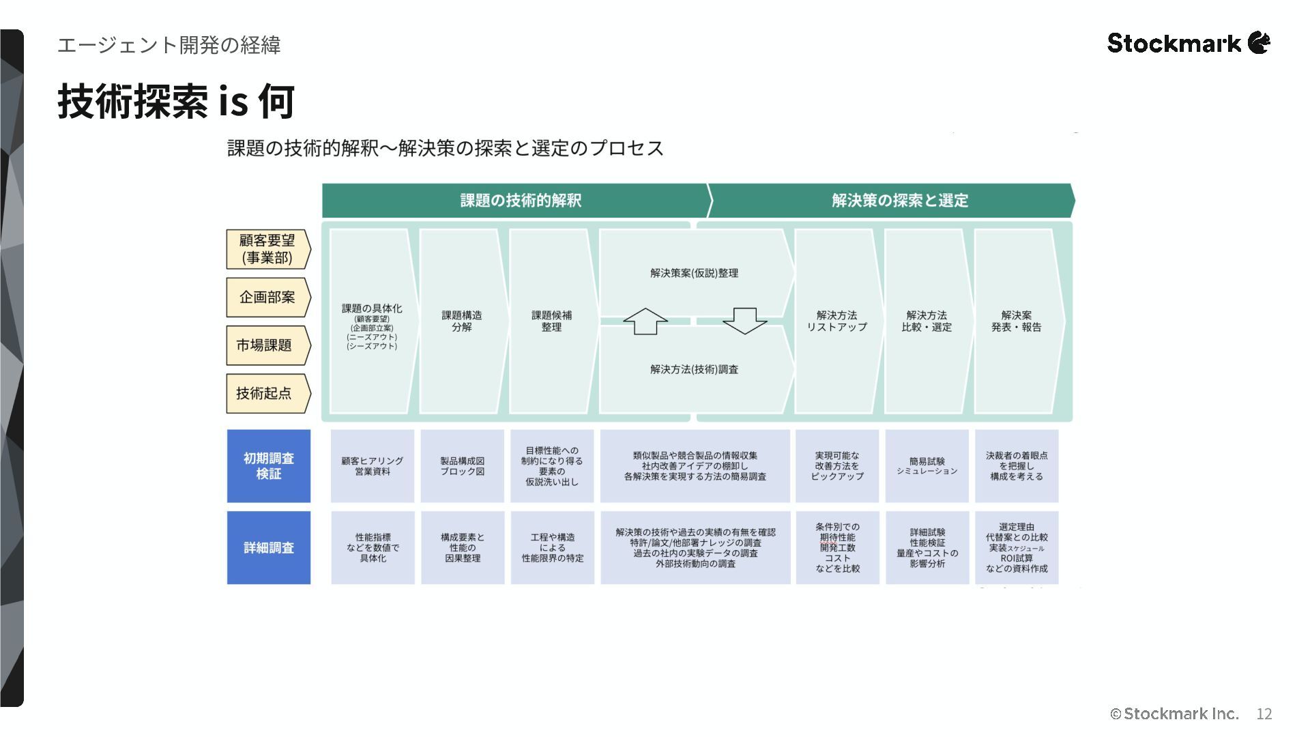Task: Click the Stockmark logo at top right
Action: click(1188, 43)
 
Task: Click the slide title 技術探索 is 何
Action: click(176, 101)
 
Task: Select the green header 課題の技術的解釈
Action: click(520, 200)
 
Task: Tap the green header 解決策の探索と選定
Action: click(899, 200)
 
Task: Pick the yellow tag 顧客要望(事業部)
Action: click(267, 249)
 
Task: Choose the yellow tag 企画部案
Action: click(267, 297)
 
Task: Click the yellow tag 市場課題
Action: click(265, 345)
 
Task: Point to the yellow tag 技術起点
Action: click(265, 393)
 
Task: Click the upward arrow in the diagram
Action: click(645, 321)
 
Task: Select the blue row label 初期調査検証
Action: click(269, 465)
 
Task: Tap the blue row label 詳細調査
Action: click(269, 547)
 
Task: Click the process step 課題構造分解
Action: click(462, 321)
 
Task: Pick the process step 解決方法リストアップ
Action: click(837, 321)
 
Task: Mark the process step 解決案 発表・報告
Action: click(1017, 321)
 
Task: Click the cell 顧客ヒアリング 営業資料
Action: click(373, 466)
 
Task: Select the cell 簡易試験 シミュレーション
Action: click(927, 466)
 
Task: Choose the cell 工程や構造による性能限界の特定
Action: click(553, 547)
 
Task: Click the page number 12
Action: click(1264, 714)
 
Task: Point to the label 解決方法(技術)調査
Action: click(694, 369)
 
